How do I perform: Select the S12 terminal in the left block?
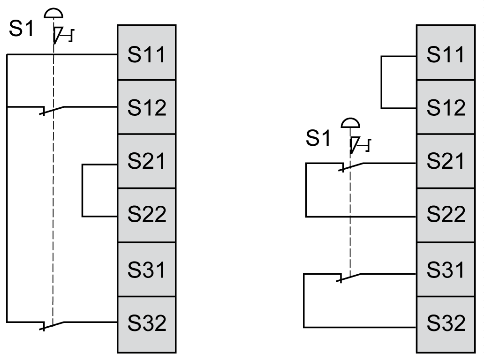click(x=146, y=107)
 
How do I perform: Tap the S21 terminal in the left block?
click(x=146, y=161)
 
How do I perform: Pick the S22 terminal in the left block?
click(x=146, y=215)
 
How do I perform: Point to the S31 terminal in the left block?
click(x=146, y=269)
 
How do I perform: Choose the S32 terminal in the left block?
click(x=146, y=323)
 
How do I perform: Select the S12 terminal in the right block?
click(x=446, y=107)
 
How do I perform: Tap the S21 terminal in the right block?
click(x=446, y=161)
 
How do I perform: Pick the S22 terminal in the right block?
click(x=446, y=215)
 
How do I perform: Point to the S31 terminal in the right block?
click(x=446, y=269)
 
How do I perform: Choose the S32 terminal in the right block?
click(x=446, y=323)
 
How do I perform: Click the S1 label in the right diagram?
click(x=318, y=138)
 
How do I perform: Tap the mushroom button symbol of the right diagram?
click(x=350, y=123)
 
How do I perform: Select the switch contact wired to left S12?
click(x=53, y=110)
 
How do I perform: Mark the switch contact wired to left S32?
click(x=53, y=325)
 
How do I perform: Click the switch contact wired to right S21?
click(x=351, y=166)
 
